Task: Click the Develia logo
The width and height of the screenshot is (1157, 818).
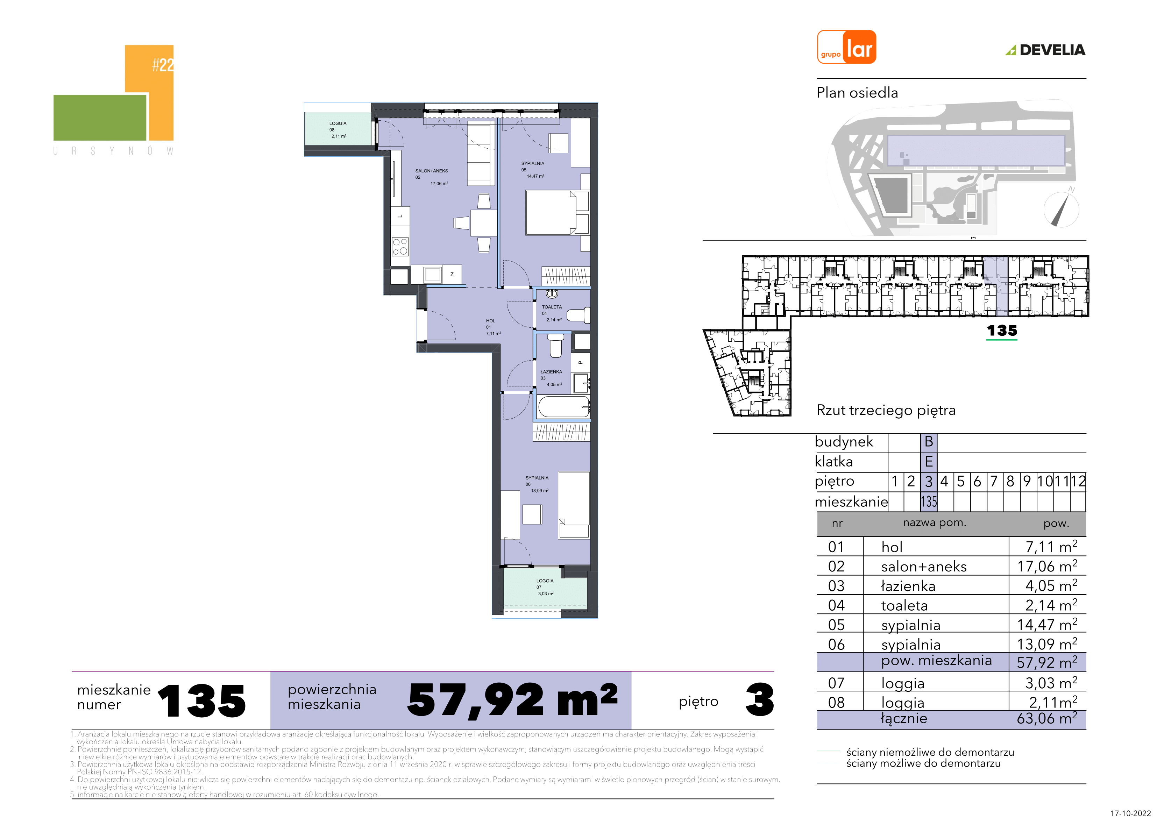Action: coord(1045,50)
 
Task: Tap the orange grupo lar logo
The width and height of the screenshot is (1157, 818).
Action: coord(846,47)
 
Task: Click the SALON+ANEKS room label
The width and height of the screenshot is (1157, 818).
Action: coord(431,171)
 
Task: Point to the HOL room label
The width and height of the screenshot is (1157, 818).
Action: coord(490,321)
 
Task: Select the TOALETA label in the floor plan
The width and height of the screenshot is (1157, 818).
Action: coord(552,307)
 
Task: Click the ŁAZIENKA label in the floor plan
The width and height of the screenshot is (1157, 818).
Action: coord(551,371)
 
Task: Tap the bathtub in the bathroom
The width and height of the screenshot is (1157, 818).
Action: coord(564,407)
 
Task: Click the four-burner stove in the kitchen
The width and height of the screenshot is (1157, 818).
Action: coord(400,247)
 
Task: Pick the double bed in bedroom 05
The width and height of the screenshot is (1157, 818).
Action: coord(551,213)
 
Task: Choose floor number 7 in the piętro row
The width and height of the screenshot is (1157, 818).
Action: coord(994,481)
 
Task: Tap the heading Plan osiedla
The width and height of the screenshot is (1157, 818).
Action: coord(857,93)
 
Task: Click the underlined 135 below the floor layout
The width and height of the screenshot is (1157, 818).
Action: coord(1002,331)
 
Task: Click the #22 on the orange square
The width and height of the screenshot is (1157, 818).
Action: coord(163,65)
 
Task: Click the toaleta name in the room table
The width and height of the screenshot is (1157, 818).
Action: coord(904,605)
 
